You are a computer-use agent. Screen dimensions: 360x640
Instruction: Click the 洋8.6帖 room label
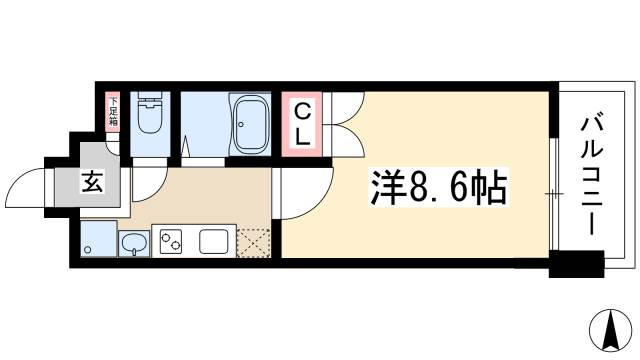click(428, 186)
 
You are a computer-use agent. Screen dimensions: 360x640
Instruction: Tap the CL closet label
click(301, 123)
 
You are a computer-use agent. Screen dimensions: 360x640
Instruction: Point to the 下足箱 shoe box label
click(113, 111)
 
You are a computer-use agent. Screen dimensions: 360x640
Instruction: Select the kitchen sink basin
click(134, 242)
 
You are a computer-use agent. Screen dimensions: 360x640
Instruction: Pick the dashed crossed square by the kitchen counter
click(253, 242)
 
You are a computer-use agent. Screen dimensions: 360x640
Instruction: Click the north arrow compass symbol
click(609, 330)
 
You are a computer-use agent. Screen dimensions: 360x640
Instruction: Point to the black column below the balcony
click(577, 265)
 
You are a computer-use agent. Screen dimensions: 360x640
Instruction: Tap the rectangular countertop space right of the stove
click(215, 241)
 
